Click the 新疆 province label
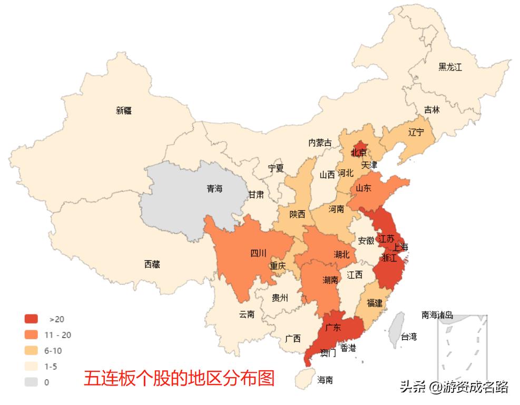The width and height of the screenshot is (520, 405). tap(124, 110)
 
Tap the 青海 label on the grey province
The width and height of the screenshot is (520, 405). tap(215, 188)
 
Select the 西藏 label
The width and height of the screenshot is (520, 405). tap(152, 265)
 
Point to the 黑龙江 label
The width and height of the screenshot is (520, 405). tap(450, 67)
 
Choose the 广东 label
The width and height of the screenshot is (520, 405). tap(333, 328)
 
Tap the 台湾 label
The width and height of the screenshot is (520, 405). tap(408, 337)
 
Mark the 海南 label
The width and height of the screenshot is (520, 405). tap(325, 380)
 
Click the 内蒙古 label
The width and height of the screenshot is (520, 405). tap(320, 143)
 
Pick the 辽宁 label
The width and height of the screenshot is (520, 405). tap(416, 132)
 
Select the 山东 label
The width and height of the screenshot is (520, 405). tap(364, 188)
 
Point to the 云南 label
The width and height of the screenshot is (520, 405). tap(247, 315)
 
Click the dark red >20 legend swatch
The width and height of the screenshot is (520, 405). tap(31, 319)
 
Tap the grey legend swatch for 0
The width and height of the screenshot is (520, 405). tap(31, 382)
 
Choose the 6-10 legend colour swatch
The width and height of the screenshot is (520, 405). tap(31, 351)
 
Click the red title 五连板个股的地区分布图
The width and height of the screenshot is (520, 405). tap(179, 378)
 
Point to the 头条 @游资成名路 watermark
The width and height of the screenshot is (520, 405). tap(454, 388)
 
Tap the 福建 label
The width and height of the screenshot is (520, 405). tap(374, 303)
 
